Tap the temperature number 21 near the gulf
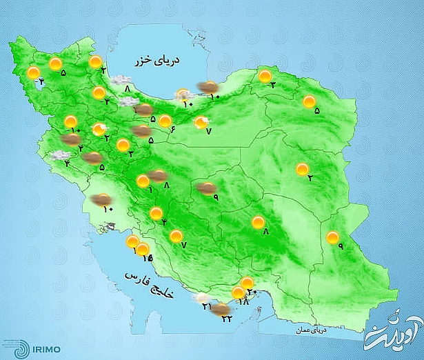coord(206,306)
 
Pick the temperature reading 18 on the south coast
coord(243,301)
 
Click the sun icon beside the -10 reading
coord(70,122)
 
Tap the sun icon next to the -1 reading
coord(143,182)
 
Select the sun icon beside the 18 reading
coord(239,293)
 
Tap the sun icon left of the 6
coord(165,122)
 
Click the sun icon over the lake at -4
coord(33,73)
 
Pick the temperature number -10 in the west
coord(74,132)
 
